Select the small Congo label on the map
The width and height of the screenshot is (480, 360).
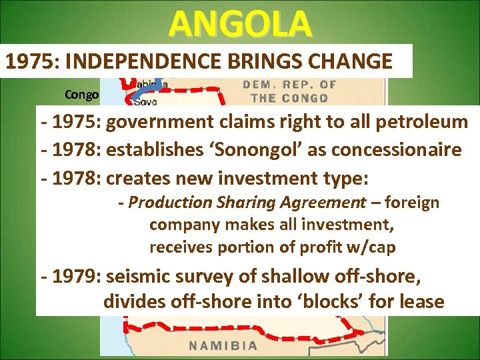pos(82,95)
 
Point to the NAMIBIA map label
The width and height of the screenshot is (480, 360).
pos(222,345)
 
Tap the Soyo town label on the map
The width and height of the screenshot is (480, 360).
pos(145,103)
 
